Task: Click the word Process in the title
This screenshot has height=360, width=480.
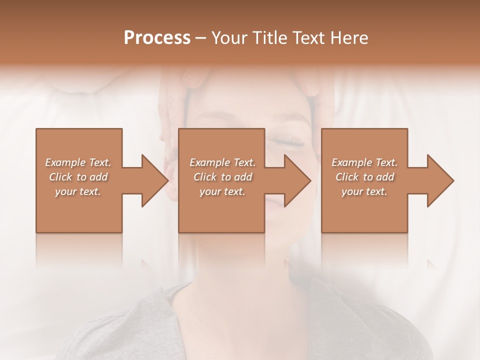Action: click(x=157, y=38)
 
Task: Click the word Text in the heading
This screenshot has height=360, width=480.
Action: click(x=307, y=38)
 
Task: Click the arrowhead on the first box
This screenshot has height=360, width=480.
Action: click(x=152, y=180)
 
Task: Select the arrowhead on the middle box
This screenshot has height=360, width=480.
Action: click(x=295, y=180)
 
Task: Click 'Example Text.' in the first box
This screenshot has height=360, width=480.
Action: click(x=78, y=162)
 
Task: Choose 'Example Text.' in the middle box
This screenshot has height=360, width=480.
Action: click(x=222, y=162)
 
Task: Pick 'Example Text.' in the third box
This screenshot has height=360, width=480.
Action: click(x=364, y=162)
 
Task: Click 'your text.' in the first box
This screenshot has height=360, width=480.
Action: click(x=78, y=191)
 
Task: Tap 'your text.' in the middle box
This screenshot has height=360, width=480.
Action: click(x=222, y=191)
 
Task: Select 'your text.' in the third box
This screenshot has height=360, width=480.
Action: click(x=364, y=191)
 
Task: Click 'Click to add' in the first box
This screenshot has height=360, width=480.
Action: click(x=78, y=177)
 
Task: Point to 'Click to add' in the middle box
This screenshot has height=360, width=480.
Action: click(x=222, y=177)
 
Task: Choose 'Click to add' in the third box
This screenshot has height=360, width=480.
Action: click(x=364, y=177)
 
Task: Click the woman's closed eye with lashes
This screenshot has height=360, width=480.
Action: click(x=287, y=143)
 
